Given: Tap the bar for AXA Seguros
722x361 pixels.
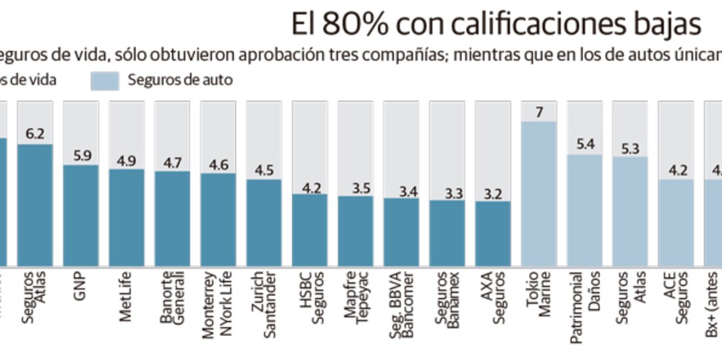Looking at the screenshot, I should click(493, 232).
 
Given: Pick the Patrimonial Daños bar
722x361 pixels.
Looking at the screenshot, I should click(584, 209).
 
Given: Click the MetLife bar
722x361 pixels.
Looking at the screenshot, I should click(126, 217).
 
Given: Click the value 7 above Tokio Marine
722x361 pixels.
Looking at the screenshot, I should click(539, 112).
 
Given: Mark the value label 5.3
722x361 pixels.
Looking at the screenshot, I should click(630, 148).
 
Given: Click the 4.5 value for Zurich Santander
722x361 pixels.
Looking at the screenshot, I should click(264, 170).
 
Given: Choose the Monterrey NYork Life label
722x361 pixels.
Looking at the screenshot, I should click(218, 303).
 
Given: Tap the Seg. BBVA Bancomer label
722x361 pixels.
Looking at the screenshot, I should click(401, 304).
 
